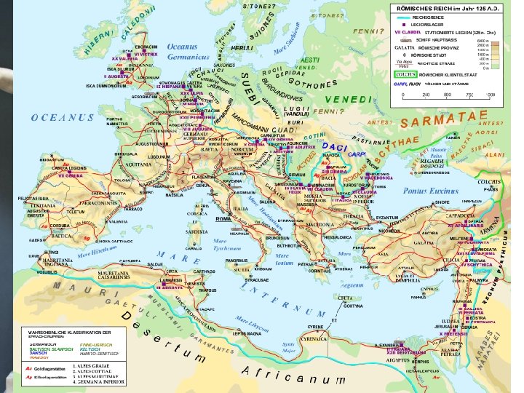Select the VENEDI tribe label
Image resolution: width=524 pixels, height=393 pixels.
point(348,98)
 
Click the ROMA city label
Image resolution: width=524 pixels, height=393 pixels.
point(223,218)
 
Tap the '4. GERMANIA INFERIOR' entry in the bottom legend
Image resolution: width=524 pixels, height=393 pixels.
point(99,381)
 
